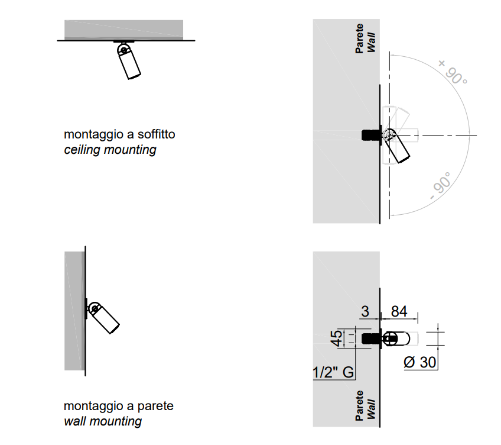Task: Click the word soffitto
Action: (156, 134)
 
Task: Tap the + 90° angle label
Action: (453, 72)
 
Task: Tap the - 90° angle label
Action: (441, 186)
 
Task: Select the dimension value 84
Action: (399, 311)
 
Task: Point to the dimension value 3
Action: (365, 311)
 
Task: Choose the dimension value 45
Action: (336, 338)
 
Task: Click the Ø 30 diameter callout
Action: (420, 362)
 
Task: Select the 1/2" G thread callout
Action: (333, 372)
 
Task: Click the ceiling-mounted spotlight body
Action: (129, 62)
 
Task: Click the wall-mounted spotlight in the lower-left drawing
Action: (103, 317)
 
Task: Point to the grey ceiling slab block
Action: (123, 30)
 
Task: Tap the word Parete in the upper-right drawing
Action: (359, 38)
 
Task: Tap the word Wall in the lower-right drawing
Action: (371, 409)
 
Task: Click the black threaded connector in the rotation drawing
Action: (371, 135)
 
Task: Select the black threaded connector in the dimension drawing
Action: (371, 338)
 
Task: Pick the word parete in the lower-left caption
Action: (155, 406)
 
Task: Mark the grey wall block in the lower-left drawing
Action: (75, 311)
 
